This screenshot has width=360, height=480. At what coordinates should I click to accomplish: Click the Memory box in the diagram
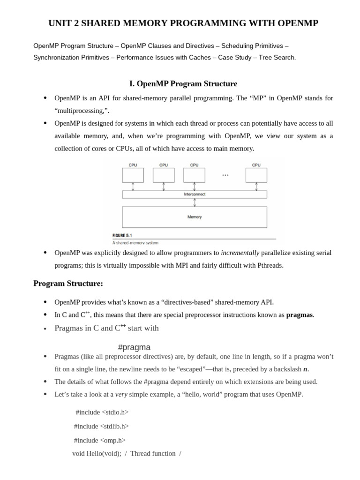click(x=194, y=217)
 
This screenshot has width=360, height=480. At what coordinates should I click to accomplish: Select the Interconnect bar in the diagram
click(x=194, y=194)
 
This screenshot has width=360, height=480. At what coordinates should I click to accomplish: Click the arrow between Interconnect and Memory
click(x=195, y=202)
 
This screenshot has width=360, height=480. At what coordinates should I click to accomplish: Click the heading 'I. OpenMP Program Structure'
click(x=183, y=84)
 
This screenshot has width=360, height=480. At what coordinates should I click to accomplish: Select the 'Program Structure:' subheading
click(x=68, y=284)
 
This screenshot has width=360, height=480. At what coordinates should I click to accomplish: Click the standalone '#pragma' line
click(x=135, y=347)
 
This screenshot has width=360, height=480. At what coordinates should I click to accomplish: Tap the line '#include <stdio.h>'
click(x=102, y=412)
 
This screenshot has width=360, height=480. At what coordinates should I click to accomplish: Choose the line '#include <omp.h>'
click(x=100, y=440)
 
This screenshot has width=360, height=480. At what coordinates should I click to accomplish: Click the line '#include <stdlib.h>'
click(x=101, y=426)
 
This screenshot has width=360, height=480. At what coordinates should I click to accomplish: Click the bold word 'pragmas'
click(x=300, y=315)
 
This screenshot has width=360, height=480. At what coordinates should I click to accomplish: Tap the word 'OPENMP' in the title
click(x=297, y=23)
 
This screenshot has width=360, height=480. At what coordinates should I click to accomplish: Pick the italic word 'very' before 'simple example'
click(x=121, y=394)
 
